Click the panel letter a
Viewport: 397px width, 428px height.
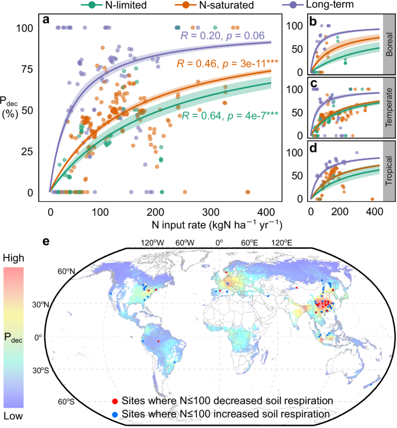(x=46, y=22)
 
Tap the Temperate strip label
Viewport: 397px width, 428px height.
(x=389, y=110)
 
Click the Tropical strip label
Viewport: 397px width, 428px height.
(x=389, y=173)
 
